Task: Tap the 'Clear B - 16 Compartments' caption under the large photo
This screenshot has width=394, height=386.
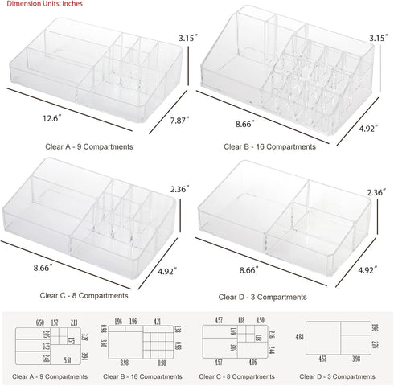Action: tap(271, 147)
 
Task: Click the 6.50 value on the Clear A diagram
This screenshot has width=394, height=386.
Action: tap(40, 322)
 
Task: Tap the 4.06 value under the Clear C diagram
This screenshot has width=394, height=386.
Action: tap(252, 363)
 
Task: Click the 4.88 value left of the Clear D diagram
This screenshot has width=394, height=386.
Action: tap(300, 337)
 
